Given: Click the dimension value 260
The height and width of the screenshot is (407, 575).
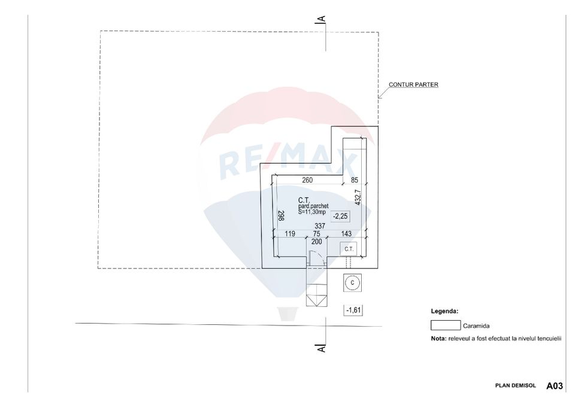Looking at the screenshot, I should tap(307, 180).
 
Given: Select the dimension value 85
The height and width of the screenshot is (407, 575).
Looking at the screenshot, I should tap(355, 180).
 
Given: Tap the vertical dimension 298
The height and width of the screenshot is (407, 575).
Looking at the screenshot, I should tap(280, 216).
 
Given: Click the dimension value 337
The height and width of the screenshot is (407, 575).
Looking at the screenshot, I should tap(320, 226).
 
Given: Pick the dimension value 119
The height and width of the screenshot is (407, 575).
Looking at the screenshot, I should tap(291, 234).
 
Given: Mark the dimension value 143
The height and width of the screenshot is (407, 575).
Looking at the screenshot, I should tap(346, 234).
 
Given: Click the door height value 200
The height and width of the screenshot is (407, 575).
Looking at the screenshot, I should tap(316, 242).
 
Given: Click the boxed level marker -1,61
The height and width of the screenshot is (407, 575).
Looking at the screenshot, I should tap(353, 310).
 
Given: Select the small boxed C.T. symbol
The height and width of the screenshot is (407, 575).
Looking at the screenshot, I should tap(349, 249).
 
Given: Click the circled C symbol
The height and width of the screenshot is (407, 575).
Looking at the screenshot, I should tap(352, 282).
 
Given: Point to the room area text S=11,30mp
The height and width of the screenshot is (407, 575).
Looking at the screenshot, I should tap(312, 212).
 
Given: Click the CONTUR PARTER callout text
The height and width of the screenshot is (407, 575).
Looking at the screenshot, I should tap(413, 85).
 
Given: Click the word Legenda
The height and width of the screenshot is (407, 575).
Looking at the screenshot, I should tap(444, 312).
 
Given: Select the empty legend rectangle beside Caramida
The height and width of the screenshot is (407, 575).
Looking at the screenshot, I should tap(445, 325).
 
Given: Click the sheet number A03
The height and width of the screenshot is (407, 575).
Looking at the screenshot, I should tap(554, 387).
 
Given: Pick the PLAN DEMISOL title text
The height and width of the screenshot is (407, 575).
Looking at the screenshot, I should tap(516, 387).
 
